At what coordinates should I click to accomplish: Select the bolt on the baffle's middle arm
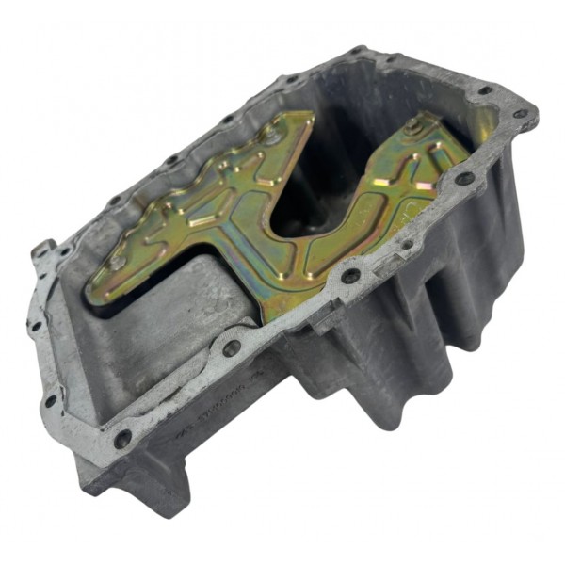tap(271, 138)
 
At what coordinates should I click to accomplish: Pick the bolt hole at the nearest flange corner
tap(121, 439)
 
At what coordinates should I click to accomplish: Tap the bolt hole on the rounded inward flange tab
tap(232, 347)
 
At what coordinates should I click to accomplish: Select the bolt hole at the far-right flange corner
tap(520, 113)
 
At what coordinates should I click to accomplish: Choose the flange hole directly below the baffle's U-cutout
tap(350, 276)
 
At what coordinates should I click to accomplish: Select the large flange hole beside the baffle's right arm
tap(464, 178)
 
